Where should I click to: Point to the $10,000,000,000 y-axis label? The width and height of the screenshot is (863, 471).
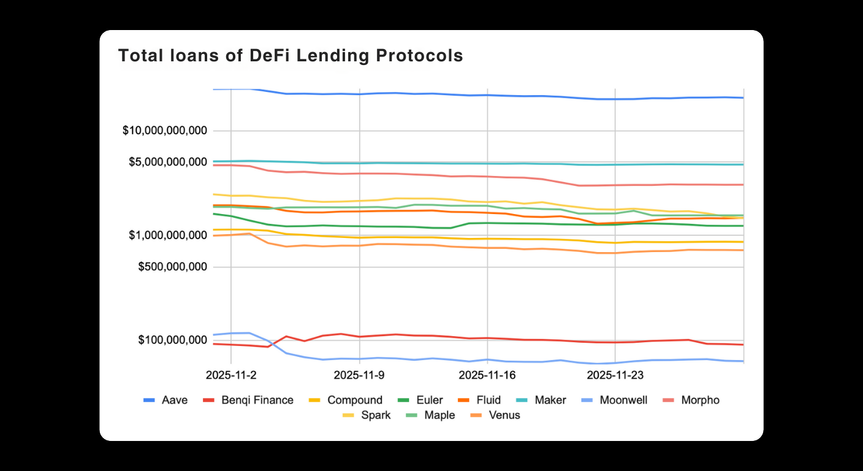[x=165, y=131]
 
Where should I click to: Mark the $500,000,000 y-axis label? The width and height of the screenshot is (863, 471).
[x=172, y=267]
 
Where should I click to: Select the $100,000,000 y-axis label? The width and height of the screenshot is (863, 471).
[x=172, y=340]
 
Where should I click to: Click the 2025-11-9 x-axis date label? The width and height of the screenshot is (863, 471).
[x=359, y=374]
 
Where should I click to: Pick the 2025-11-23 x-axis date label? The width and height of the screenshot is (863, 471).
[x=615, y=374]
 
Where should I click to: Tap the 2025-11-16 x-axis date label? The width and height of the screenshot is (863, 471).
[x=487, y=374]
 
